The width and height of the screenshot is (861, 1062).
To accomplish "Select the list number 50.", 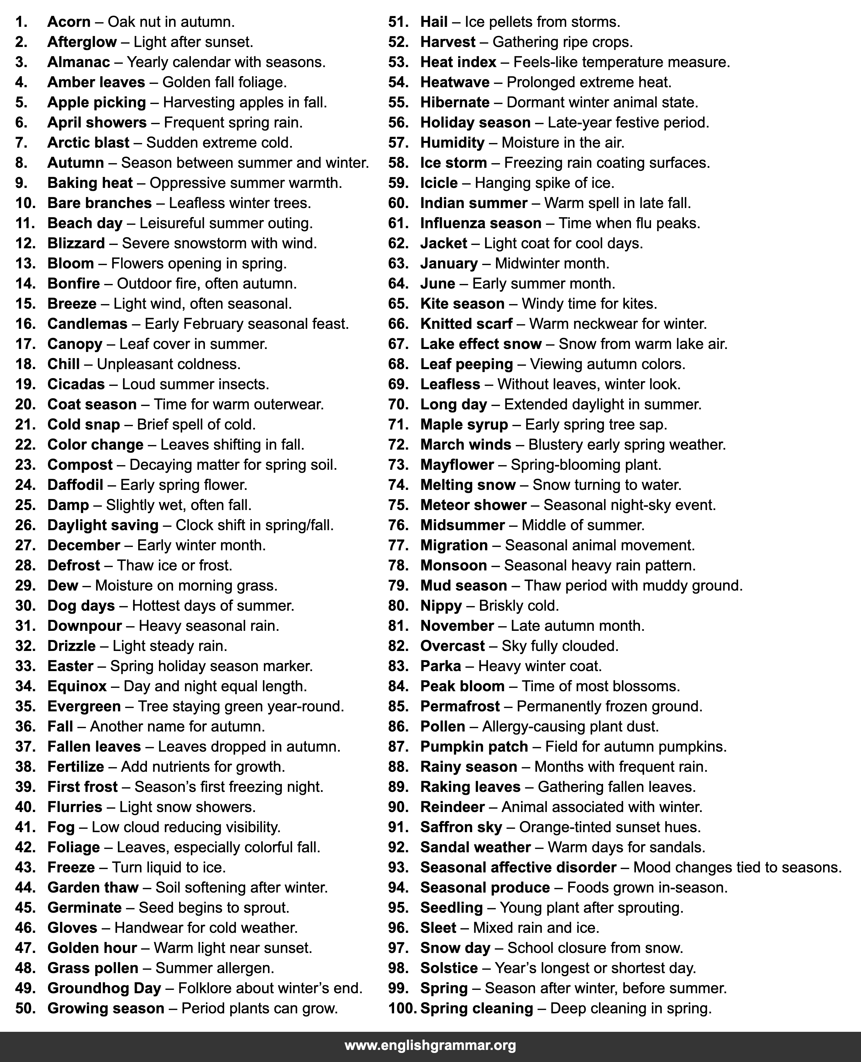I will pyautogui.click(x=25, y=1008).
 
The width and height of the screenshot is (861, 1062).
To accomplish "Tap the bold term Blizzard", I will pyautogui.click(x=76, y=243).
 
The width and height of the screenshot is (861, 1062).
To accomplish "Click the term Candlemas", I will pyautogui.click(x=87, y=324).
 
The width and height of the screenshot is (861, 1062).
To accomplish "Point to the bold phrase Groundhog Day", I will pyautogui.click(x=104, y=988).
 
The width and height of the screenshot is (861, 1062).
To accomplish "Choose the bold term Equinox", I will pyautogui.click(x=77, y=686).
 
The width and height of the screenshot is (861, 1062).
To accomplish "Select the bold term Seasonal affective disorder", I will pyautogui.click(x=518, y=867).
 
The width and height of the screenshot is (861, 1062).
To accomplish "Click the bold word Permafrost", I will pyautogui.click(x=460, y=706).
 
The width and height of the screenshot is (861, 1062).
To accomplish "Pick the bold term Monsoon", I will pyautogui.click(x=453, y=565).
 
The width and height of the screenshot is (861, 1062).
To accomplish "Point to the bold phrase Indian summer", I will pyautogui.click(x=474, y=203).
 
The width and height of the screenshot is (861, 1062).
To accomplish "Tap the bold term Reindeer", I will pyautogui.click(x=452, y=807).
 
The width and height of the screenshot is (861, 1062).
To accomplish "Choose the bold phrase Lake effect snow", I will pyautogui.click(x=481, y=344).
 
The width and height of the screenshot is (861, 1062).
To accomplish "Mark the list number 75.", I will pyautogui.click(x=398, y=505).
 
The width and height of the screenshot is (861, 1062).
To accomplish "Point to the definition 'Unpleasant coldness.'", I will pyautogui.click(x=169, y=364).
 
